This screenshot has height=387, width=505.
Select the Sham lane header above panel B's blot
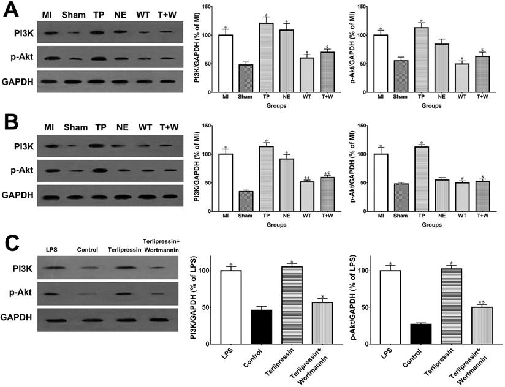(x=75, y=127)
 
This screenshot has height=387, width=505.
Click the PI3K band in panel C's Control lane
(x=88, y=268)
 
